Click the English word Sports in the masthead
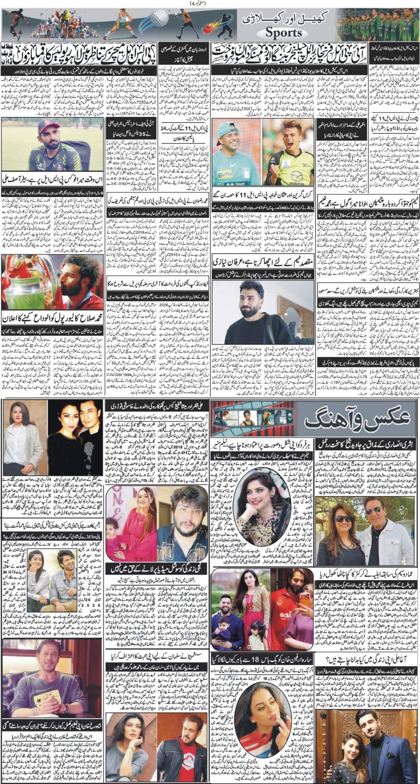[284, 33]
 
